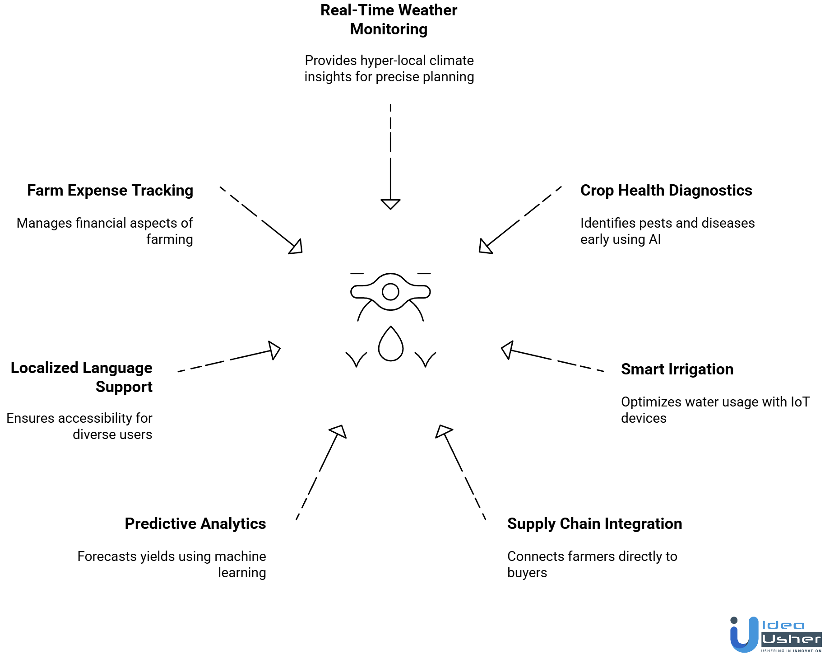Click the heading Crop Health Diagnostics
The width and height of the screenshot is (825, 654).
(x=666, y=191)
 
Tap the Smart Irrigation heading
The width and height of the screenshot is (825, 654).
(x=677, y=369)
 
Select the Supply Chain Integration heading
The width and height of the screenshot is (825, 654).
(x=594, y=524)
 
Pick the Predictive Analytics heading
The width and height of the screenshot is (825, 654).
(x=195, y=524)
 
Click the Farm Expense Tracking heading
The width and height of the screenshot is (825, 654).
(x=110, y=191)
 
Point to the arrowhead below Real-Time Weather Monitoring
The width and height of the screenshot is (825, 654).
(x=390, y=204)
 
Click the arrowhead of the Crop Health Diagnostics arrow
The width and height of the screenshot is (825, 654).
(x=485, y=247)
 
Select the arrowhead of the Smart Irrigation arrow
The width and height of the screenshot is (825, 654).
(x=507, y=350)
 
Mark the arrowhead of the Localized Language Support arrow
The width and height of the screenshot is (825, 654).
(x=274, y=350)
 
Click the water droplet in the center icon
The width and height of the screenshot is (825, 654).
(x=390, y=345)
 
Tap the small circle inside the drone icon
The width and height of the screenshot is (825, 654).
(x=390, y=292)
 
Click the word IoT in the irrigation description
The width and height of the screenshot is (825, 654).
(x=800, y=402)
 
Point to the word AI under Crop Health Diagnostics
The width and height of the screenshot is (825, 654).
(x=654, y=239)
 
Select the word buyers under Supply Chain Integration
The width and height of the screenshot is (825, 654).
(x=527, y=573)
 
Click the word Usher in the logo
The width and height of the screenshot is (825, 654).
(x=791, y=640)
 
